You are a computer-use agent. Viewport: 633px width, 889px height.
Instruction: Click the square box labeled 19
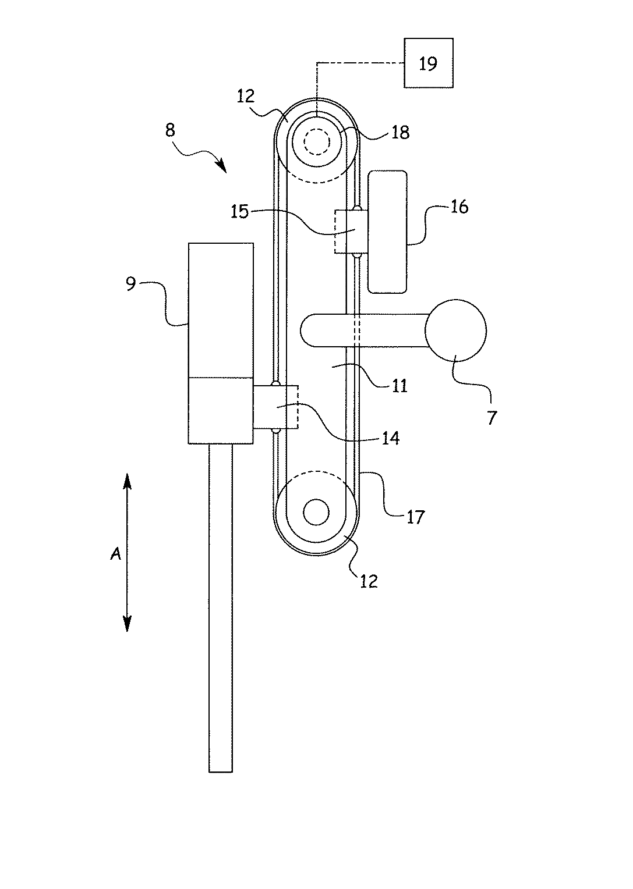tap(429, 63)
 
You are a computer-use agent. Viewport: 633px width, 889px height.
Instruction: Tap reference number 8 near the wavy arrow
tap(171, 130)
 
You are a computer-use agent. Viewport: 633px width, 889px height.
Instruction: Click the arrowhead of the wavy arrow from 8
tap(222, 166)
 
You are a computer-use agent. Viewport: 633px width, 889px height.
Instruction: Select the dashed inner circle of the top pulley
tap(317, 142)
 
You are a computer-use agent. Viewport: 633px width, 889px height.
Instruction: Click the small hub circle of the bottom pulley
tap(316, 512)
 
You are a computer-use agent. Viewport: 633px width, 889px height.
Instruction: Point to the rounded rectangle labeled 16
tap(388, 232)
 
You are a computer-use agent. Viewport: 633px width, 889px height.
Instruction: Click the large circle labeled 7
tap(455, 330)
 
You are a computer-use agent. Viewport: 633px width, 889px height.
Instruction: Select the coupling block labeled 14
tap(275, 407)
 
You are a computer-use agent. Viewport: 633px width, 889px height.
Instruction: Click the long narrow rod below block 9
tap(220, 608)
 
